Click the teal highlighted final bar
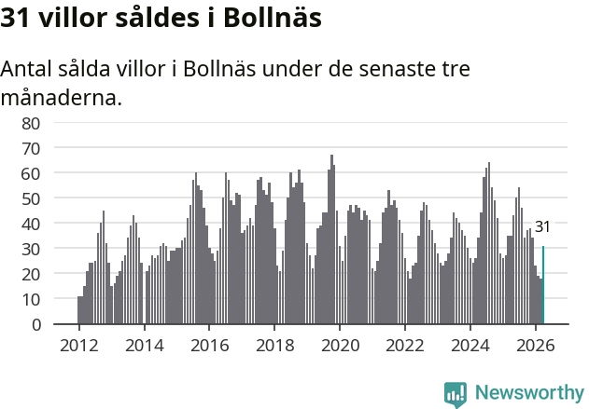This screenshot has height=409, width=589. click(x=543, y=284)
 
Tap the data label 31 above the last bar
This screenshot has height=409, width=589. click(x=542, y=226)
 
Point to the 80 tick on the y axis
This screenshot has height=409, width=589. click(x=31, y=123)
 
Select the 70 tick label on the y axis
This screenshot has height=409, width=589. click(x=31, y=149)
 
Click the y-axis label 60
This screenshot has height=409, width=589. click(x=31, y=174)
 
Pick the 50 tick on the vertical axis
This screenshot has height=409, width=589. click(x=31, y=199)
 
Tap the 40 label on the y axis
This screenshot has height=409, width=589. click(x=31, y=225)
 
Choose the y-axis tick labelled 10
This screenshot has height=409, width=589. click(x=31, y=300)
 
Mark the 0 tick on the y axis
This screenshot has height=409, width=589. click(x=36, y=324)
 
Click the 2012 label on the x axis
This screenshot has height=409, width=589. click(x=79, y=346)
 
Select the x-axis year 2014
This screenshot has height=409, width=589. click(x=145, y=346)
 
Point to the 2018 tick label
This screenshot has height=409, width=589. click(x=275, y=346)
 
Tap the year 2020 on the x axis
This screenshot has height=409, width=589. click(x=340, y=346)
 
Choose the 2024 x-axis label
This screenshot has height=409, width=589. click(x=470, y=346)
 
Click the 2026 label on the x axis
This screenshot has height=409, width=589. click(x=535, y=346)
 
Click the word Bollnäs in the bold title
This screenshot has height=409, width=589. click(x=273, y=18)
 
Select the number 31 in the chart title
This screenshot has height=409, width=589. click(x=15, y=18)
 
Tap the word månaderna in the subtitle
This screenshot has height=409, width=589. click(x=62, y=98)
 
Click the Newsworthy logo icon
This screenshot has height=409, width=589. click(x=456, y=394)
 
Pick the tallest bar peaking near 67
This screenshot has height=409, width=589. click(x=331, y=239)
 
